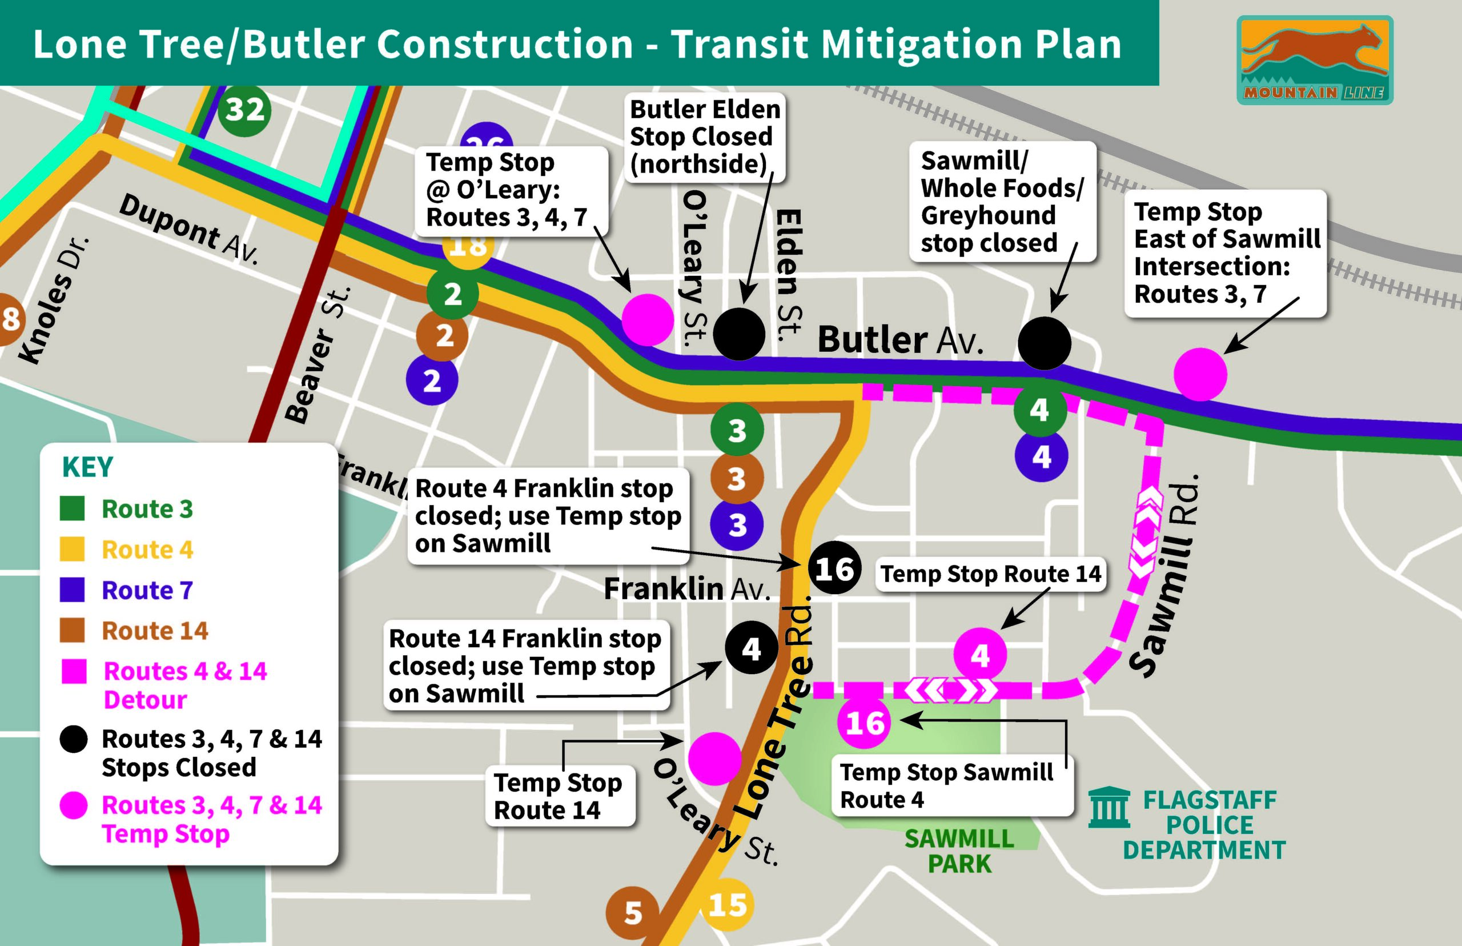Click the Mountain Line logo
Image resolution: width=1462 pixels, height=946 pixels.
coord(1314,60)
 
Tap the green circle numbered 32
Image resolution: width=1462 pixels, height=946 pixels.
coord(244,111)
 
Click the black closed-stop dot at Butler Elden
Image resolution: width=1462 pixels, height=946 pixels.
coord(738,334)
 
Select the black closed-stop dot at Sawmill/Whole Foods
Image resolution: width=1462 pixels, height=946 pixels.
coord(1044,343)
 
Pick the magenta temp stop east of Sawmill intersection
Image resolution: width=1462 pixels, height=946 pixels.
coord(1200,374)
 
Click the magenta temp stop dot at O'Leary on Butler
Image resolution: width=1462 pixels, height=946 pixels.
coord(647,319)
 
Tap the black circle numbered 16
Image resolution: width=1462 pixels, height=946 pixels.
coord(834,568)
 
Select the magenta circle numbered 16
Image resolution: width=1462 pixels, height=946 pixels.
coord(864,723)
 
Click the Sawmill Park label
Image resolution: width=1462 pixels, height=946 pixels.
coord(959,851)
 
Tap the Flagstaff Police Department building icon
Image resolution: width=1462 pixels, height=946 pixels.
coord(1109,808)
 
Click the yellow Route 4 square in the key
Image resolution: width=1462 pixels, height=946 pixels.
coord(73,548)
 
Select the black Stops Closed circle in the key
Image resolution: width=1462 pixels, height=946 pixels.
coord(73,739)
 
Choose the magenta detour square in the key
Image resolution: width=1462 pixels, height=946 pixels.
coord(74,671)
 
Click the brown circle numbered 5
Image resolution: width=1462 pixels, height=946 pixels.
coord(632,913)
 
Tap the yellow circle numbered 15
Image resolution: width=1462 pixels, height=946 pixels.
coord(728,905)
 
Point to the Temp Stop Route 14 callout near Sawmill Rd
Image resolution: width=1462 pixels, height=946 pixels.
coord(990,574)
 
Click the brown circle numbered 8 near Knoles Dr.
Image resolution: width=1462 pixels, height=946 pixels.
coord(9,319)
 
